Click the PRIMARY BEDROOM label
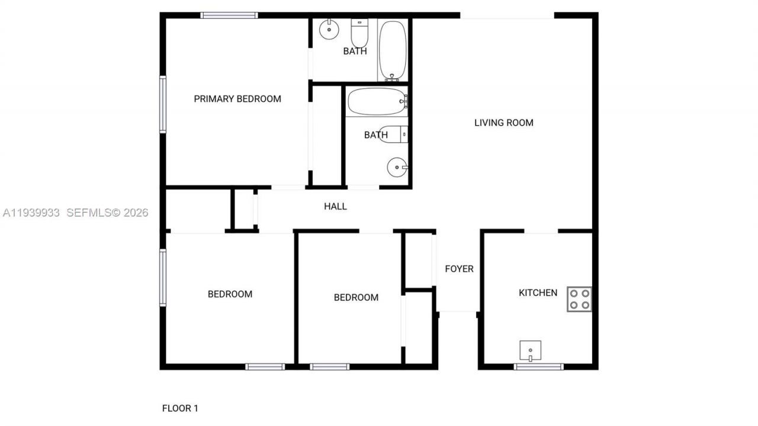pyautogui.click(x=237, y=99)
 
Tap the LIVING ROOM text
pyautogui.click(x=504, y=123)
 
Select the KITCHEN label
pyautogui.click(x=538, y=293)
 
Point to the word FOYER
pyautogui.click(x=459, y=269)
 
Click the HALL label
pyautogui.click(x=335, y=207)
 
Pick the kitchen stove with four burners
pyautogui.click(x=579, y=299)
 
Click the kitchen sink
pyautogui.click(x=530, y=350)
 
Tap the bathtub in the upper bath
pyautogui.click(x=393, y=50)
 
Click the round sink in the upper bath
pyautogui.click(x=327, y=28)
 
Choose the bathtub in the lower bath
pyautogui.click(x=376, y=102)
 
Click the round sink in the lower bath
pyautogui.click(x=397, y=168)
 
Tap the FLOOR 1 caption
pyautogui.click(x=180, y=408)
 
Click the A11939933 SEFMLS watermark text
pyautogui.click(x=75, y=213)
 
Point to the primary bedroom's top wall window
pyautogui.click(x=229, y=15)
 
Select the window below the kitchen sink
pyautogui.click(x=538, y=367)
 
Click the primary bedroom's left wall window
pyautogui.click(x=163, y=104)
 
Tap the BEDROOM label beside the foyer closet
pyautogui.click(x=356, y=297)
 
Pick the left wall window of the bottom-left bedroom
pyautogui.click(x=163, y=277)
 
